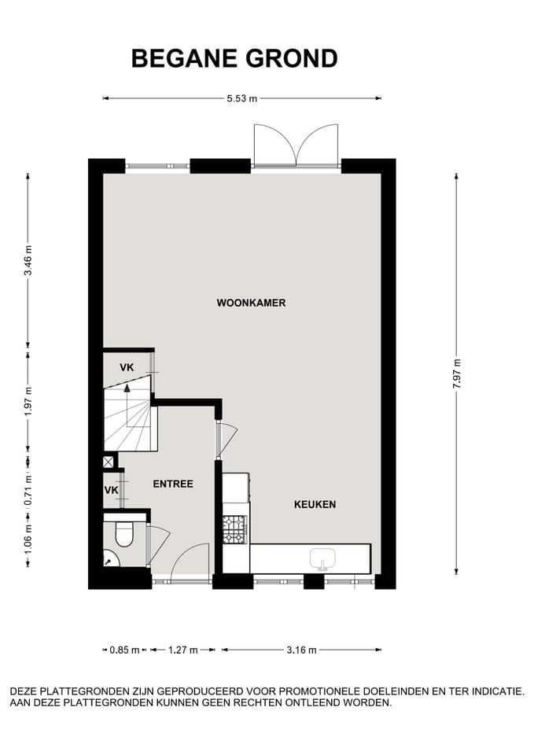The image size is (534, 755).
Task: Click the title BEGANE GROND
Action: pos(234,58)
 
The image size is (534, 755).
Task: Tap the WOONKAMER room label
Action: pos(251,303)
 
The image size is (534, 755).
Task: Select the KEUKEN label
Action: pos(315,504)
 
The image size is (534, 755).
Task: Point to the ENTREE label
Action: pos(173,484)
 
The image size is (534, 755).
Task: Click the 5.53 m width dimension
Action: pos(242,98)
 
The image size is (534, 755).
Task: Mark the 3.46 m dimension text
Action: pos(28,259)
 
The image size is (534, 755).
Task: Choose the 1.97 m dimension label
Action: pos(28,402)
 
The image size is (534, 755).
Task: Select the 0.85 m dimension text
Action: pos(124,650)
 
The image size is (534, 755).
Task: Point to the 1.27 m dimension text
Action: pos(182,650)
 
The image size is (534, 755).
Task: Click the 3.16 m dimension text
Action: pos(300,650)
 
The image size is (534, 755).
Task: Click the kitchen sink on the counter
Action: pos(322,559)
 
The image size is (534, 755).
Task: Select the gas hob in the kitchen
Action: pos(234,528)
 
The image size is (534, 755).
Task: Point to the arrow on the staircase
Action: pos(126,387)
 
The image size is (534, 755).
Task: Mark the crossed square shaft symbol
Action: pos(109,462)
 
